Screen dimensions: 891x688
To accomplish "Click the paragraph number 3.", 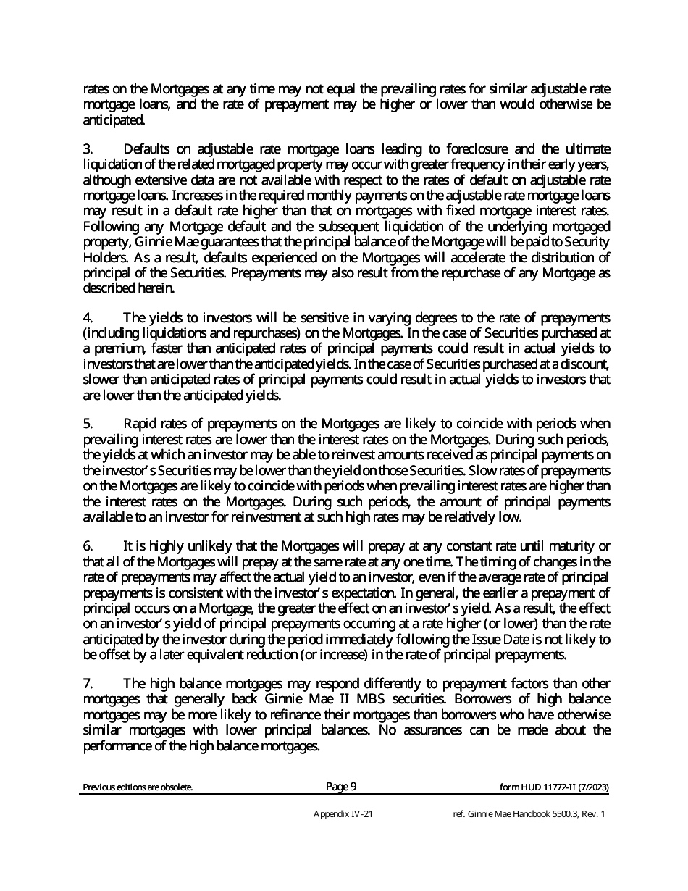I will (87, 149).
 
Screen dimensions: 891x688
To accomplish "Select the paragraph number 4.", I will (87, 317).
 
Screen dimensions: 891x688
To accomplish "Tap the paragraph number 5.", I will (87, 423).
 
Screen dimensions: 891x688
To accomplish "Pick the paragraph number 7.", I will (87, 683).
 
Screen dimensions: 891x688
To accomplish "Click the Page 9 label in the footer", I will (341, 787).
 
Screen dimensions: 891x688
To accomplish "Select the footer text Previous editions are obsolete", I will (138, 787).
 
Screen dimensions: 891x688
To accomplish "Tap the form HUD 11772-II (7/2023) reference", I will (555, 787).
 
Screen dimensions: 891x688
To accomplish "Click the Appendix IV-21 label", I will (343, 814).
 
